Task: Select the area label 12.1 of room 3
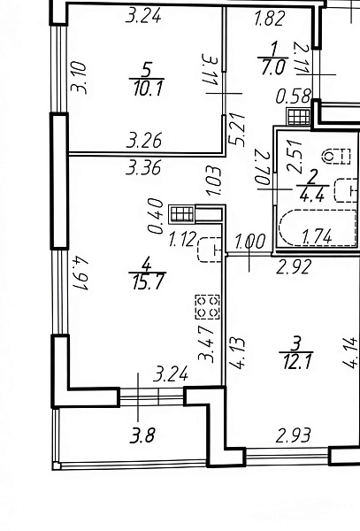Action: [x=296, y=362]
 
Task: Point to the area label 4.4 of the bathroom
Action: [x=312, y=195]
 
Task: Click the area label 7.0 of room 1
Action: [x=273, y=67]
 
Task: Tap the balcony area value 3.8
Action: [x=143, y=435]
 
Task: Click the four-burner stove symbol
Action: [x=207, y=307]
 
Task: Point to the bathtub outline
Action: [x=318, y=227]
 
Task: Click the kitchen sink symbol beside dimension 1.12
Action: [x=210, y=250]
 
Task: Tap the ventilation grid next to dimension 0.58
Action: [x=299, y=117]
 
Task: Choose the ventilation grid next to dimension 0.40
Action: [x=182, y=214]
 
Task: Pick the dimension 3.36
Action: [x=143, y=167]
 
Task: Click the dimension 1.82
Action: [x=270, y=19]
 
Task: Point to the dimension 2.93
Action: [x=293, y=435]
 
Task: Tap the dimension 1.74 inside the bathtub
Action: [x=317, y=236]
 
